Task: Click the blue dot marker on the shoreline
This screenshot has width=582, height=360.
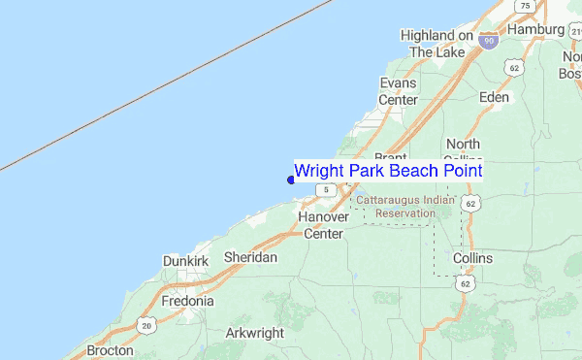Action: coord(291,179)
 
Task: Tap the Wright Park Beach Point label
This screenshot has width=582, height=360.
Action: coord(388,171)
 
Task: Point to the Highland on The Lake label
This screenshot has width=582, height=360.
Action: coord(437,44)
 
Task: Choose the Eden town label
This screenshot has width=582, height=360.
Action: coord(494,97)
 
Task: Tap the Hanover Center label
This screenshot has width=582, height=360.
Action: coord(323,225)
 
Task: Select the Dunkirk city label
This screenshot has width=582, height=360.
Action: coord(185,261)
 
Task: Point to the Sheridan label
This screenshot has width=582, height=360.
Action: coord(250,257)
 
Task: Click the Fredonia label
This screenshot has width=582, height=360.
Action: coord(187,301)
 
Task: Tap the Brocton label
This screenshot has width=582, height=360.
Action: coord(110,350)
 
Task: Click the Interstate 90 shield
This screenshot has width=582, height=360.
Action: coord(489,40)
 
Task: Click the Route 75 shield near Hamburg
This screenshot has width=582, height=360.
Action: coord(525,6)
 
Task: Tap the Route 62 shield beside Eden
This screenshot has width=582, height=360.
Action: coord(514,68)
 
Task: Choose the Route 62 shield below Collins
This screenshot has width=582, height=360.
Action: coord(467,283)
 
